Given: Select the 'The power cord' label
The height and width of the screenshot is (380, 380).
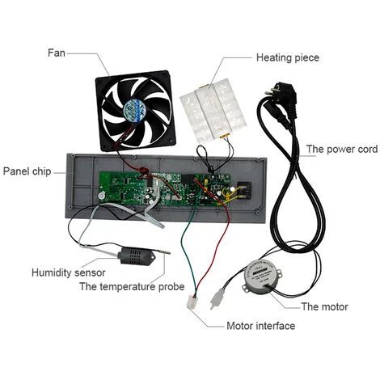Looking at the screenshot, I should (336, 150).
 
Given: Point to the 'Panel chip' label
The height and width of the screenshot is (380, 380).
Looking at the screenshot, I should (29, 171).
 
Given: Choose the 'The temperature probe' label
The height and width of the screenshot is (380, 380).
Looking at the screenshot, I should (132, 287).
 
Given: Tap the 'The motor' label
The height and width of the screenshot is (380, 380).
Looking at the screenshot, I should (324, 306).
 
